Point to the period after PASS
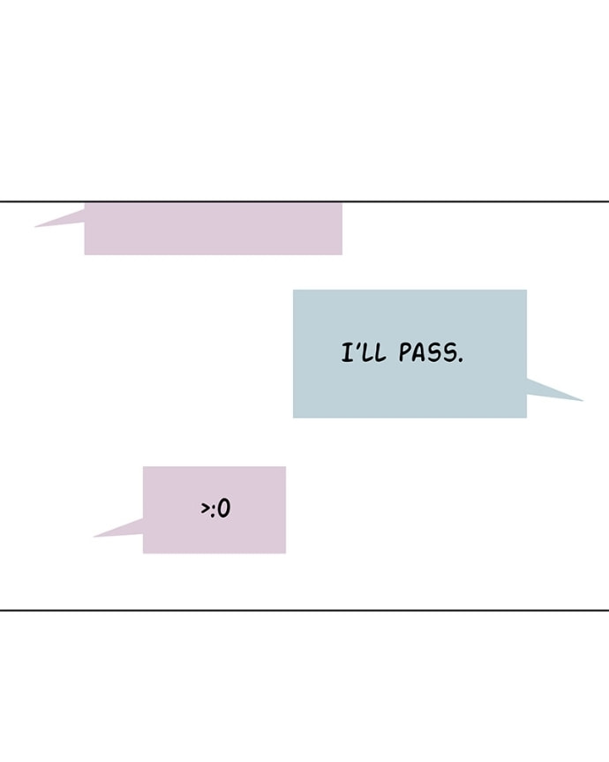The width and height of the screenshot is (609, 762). pos(461,360)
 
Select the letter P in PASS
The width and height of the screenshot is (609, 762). pos(405,352)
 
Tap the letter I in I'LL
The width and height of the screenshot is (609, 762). pos(348,352)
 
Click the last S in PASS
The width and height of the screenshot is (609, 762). pos(450,353)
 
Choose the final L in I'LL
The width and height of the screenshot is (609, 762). pos(380,353)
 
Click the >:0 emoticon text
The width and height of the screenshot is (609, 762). pos(215,509)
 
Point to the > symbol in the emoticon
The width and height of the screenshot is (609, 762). pos(205,509)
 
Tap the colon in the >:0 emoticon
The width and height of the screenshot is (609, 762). pos(213,510)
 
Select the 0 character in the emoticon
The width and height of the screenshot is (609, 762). pos(224,509)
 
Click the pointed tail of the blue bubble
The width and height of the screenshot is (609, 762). pos(583,401)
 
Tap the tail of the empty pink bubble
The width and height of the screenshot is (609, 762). pos(35,226)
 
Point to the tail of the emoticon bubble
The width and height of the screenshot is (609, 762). pos(94,537)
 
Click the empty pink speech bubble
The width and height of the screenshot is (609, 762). pos(214,229)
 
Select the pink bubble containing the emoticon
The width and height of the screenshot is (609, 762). pos(214,509)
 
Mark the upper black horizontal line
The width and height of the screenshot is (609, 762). pos(304,201)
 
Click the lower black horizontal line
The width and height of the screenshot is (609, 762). pos(304,610)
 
